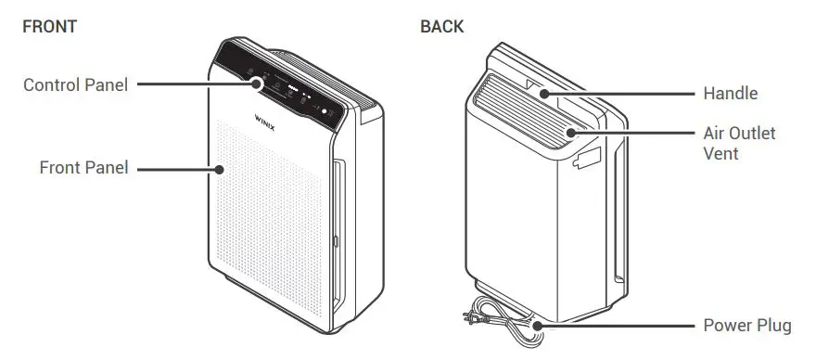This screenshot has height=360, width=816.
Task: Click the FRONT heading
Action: point(49,26)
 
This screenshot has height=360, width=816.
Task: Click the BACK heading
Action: point(442,26)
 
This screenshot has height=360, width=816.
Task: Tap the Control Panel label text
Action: point(75,84)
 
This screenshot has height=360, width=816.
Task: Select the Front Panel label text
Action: point(83,168)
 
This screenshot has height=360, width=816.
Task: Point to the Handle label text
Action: point(731,93)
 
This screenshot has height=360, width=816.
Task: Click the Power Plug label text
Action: point(747,326)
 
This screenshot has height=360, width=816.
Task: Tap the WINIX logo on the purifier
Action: point(269,119)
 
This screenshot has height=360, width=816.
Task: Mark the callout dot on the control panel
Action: point(257,83)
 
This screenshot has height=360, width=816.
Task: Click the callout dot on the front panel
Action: point(220,168)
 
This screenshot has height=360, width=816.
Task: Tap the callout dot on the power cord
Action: point(536,326)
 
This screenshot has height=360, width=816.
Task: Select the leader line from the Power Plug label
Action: point(616,326)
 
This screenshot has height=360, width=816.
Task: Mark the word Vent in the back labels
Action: point(720,153)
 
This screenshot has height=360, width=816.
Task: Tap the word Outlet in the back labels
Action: point(753,133)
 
